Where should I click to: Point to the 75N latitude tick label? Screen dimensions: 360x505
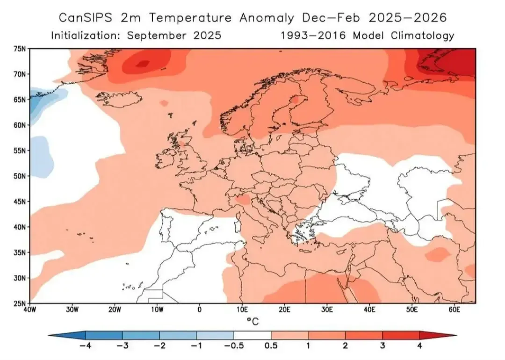pyautogui.click(x=20, y=49)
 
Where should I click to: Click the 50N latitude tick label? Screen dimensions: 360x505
pyautogui.click(x=20, y=176)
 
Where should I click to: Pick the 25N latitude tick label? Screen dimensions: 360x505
pyautogui.click(x=20, y=303)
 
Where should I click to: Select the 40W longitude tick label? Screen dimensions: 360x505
pyautogui.click(x=30, y=310)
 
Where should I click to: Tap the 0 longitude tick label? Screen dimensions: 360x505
pyautogui.click(x=200, y=310)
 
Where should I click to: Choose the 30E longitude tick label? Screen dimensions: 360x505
pyautogui.click(x=327, y=310)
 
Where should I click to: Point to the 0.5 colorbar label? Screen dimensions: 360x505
pyautogui.click(x=271, y=346)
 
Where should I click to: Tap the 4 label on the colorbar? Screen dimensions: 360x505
pyautogui.click(x=420, y=346)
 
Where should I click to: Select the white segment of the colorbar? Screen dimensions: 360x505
pyautogui.click(x=252, y=335)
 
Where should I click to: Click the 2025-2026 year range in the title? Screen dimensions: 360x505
pyautogui.click(x=407, y=18)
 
